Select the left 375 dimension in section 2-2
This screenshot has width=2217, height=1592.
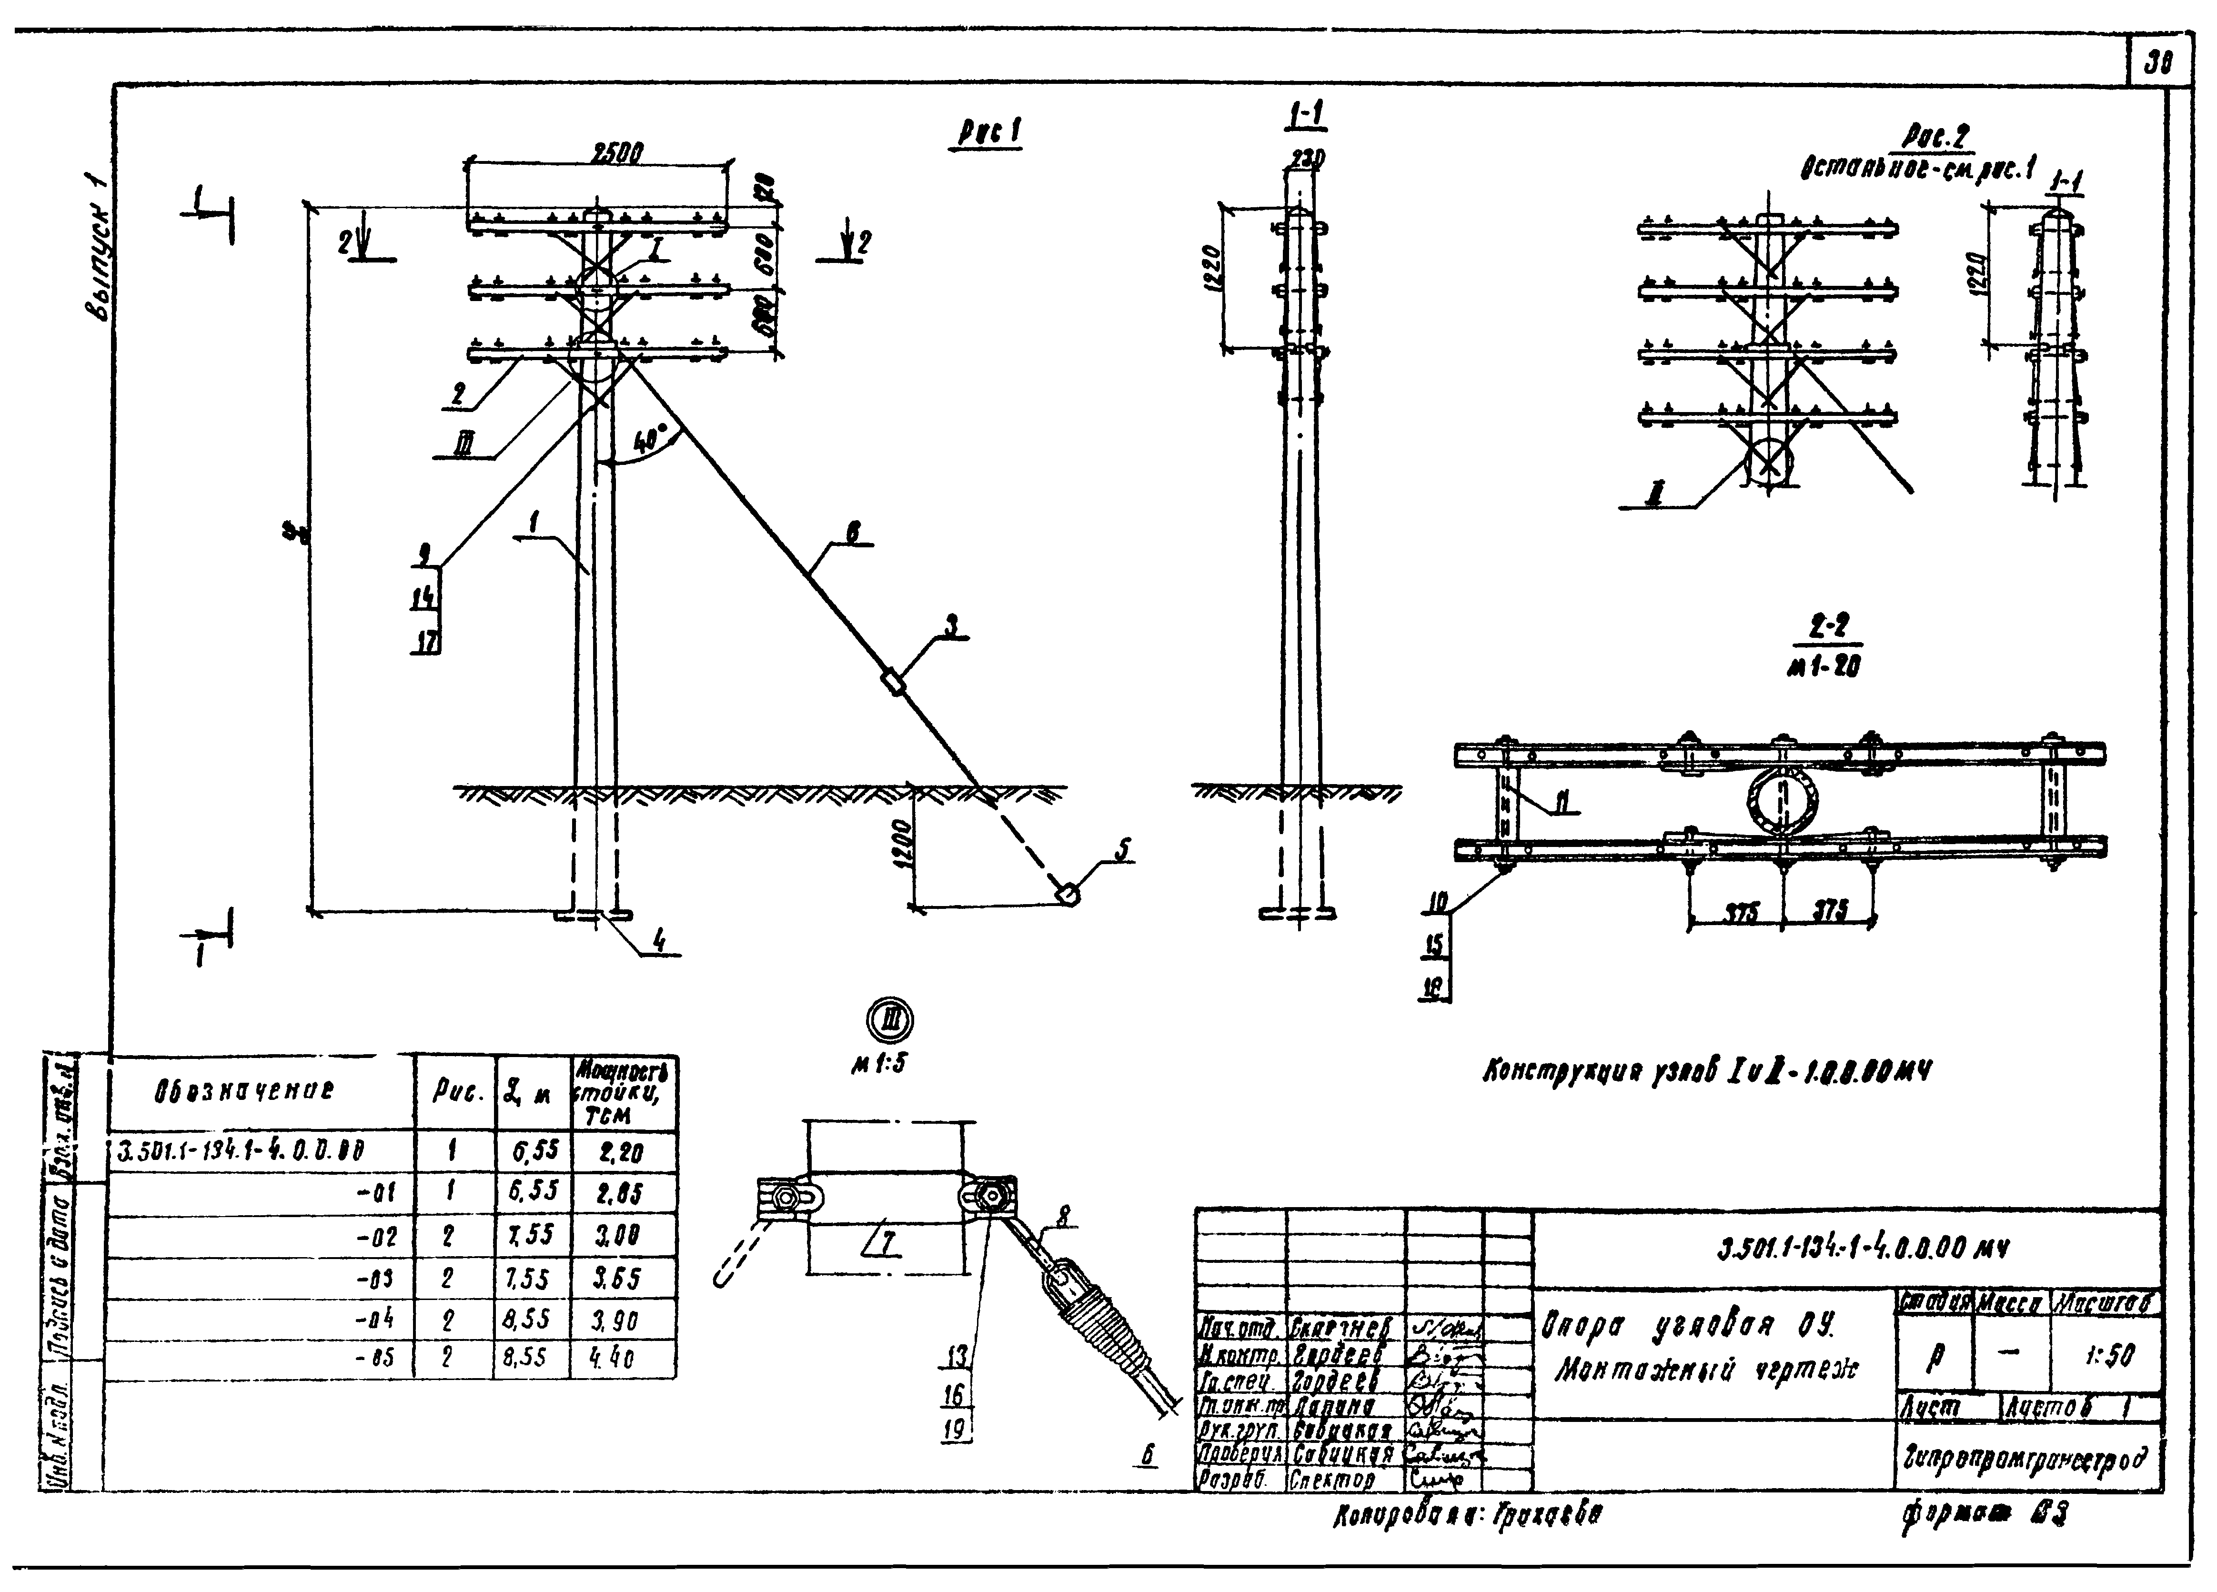(x=1737, y=913)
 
